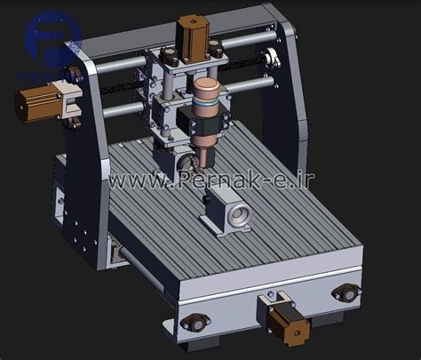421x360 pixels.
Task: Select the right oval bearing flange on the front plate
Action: (x=346, y=291)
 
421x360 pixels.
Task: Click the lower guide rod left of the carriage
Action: (x=124, y=108)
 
